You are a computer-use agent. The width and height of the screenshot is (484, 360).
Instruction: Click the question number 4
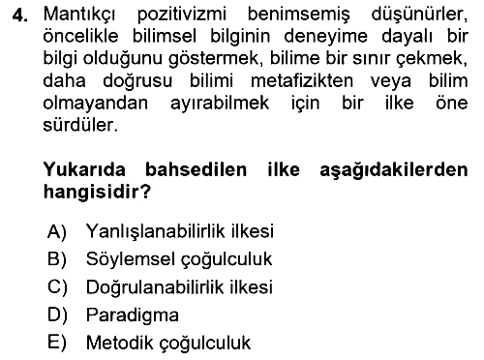click(x=19, y=15)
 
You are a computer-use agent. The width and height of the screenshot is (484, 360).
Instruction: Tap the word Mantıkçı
click(x=79, y=15)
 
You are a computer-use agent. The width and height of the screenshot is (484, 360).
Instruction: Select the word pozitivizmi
click(x=182, y=15)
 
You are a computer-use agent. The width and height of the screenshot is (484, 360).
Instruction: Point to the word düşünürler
click(x=419, y=15)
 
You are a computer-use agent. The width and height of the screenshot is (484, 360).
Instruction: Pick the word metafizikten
click(x=302, y=81)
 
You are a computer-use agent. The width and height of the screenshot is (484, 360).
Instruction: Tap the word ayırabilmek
click(x=220, y=104)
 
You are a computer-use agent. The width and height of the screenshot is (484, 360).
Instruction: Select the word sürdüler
click(x=80, y=125)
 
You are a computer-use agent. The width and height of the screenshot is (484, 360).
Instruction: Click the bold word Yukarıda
click(x=84, y=169)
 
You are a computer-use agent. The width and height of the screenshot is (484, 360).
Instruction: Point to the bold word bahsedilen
click(x=197, y=169)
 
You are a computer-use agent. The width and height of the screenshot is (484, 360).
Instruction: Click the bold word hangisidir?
click(x=97, y=193)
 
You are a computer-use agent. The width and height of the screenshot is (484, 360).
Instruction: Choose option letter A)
click(x=57, y=231)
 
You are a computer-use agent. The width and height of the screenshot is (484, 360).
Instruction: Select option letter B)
click(x=57, y=259)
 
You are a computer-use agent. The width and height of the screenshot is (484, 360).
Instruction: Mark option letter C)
click(x=57, y=287)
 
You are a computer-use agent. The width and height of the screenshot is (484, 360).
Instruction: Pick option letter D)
click(x=57, y=315)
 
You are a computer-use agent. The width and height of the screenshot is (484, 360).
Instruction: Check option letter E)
click(x=57, y=343)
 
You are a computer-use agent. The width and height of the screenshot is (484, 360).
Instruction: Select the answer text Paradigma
click(x=133, y=315)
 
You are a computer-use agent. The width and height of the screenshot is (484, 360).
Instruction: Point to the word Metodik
click(x=120, y=343)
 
